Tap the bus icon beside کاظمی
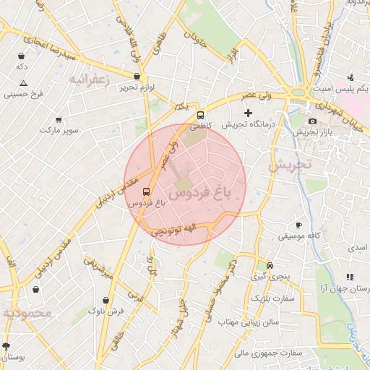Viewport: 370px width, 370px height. coord(200,115)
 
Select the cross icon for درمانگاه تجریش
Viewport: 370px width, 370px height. coord(249,113)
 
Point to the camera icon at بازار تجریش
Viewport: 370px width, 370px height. coord(312,121)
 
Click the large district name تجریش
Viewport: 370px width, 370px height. coord(288,165)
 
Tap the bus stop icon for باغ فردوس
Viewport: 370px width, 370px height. coord(147,192)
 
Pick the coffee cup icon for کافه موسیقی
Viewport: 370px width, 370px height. coord(299,225)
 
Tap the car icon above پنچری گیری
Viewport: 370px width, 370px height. coord(270,265)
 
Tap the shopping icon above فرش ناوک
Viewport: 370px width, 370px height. coord(106,299)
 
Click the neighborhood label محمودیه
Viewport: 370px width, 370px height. coord(28,314)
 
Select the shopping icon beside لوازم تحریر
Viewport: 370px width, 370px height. coord(137,76)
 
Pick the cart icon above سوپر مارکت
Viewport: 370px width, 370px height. coord(58,119)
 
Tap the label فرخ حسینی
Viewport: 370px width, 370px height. coord(24,94)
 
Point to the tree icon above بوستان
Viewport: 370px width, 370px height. coord(7,346)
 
